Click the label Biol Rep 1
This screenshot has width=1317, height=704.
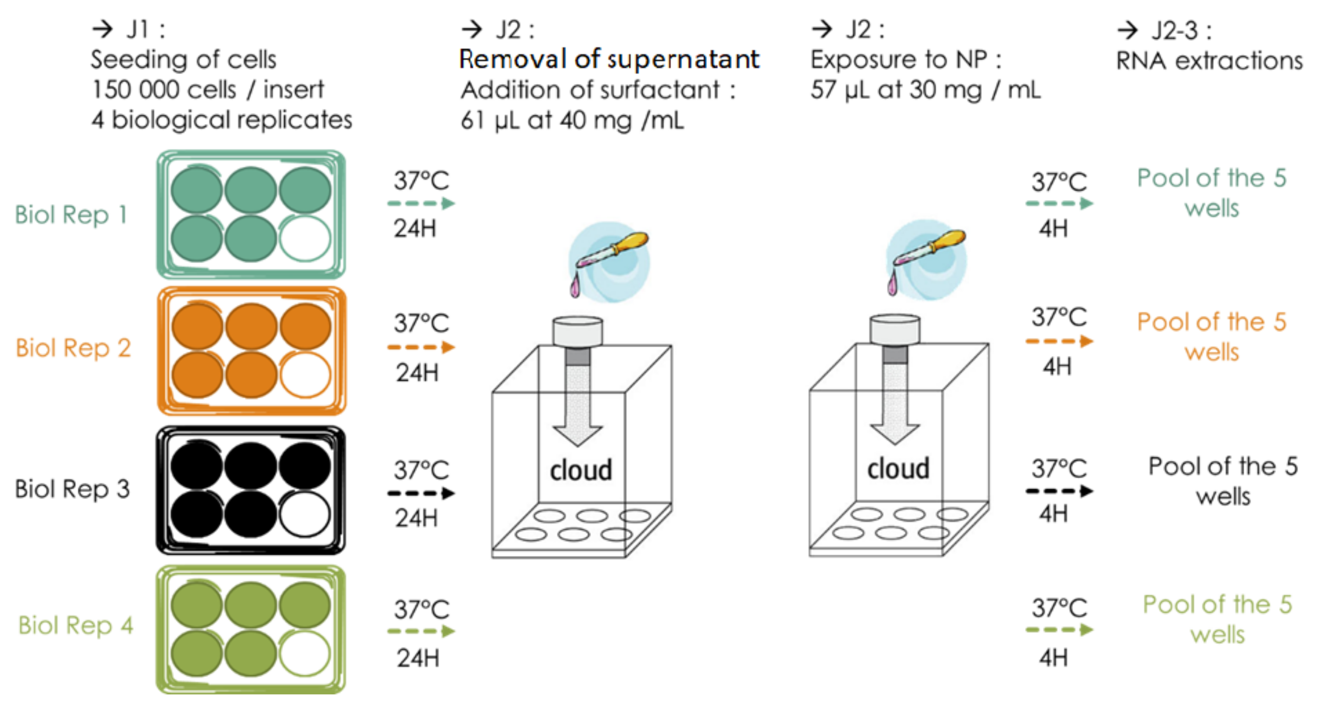71,215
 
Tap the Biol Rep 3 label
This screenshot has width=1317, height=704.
72,489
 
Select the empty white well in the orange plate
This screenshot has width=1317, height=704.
305,375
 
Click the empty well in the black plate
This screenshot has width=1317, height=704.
305,514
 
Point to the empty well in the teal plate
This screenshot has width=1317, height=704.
305,239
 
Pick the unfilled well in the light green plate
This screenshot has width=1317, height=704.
305,653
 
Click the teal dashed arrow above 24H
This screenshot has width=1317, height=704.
421,203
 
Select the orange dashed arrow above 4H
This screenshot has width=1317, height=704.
1059,341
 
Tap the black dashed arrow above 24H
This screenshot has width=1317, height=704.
421,494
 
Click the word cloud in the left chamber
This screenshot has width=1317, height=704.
581,470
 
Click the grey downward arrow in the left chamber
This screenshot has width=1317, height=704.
578,403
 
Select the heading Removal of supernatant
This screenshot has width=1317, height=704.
609,59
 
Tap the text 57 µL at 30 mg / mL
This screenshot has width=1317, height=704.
925,90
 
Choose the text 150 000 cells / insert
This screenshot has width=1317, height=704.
208,90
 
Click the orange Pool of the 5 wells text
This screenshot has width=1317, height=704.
1211,337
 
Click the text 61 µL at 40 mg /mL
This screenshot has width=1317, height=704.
572,121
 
